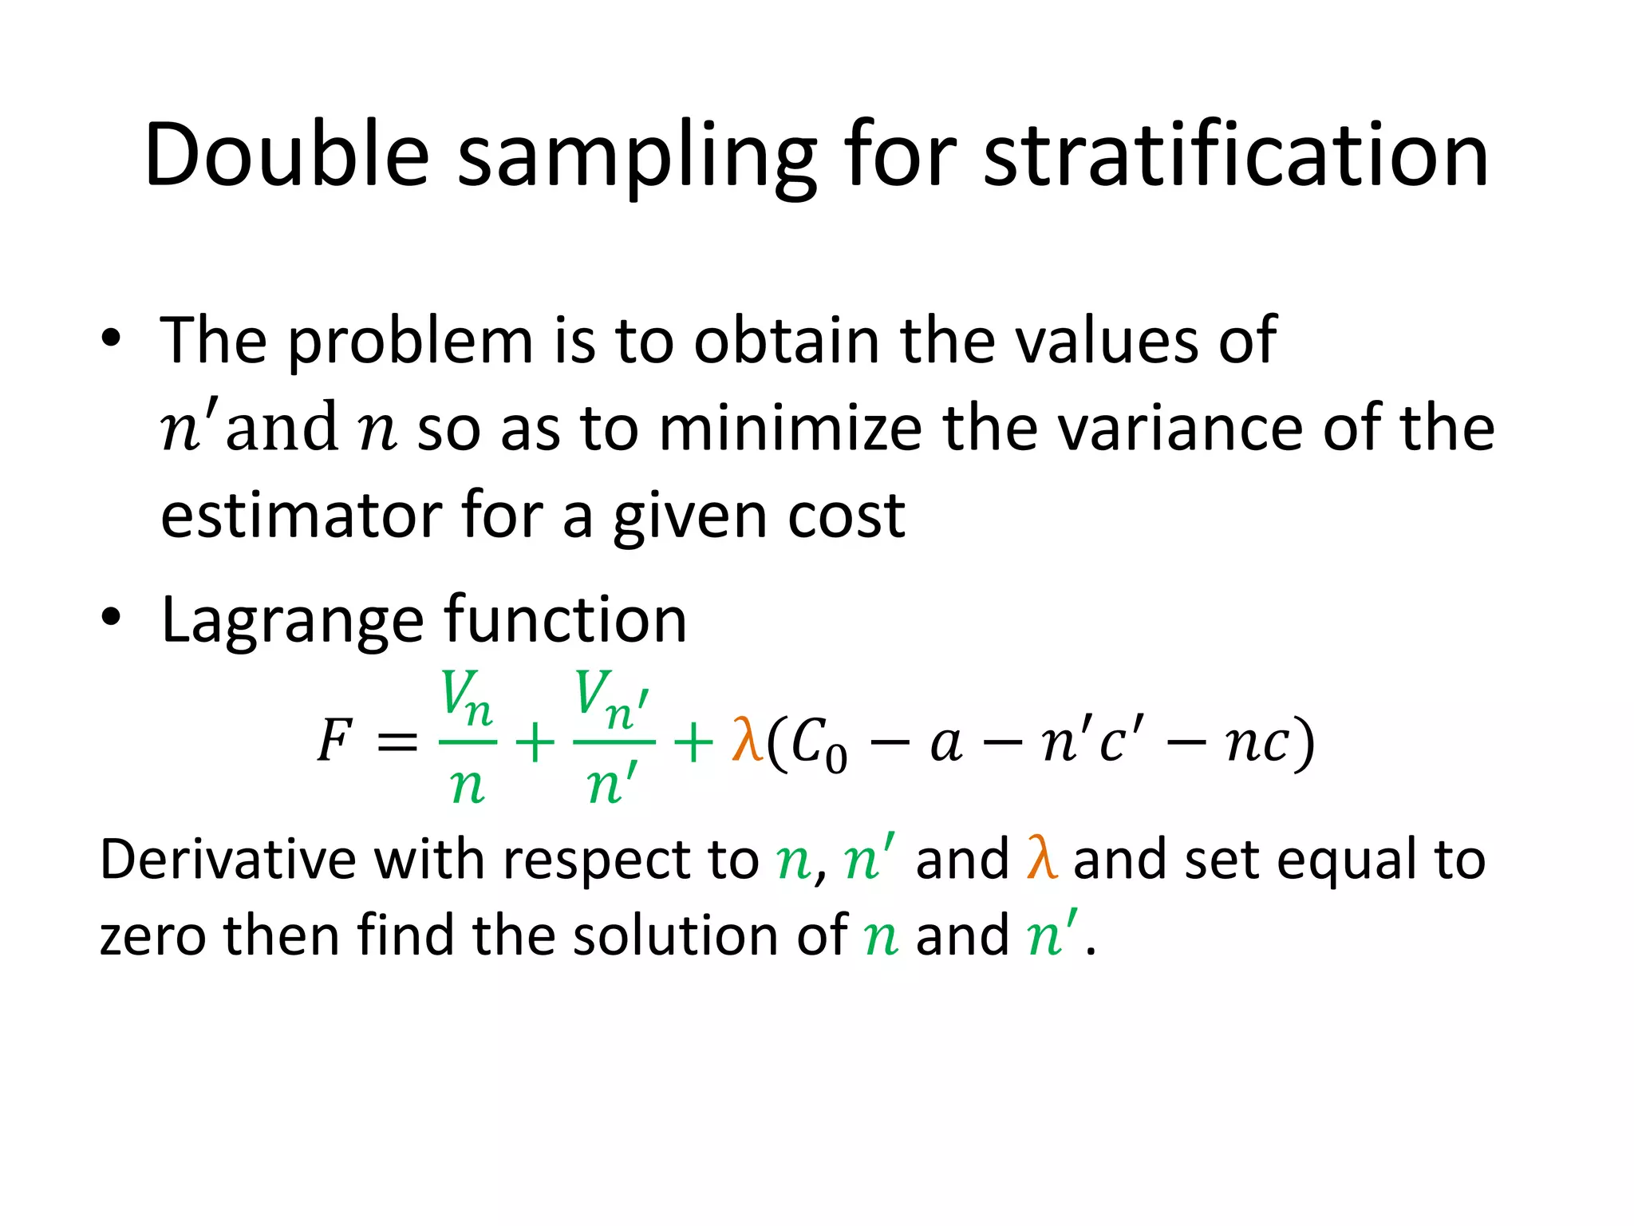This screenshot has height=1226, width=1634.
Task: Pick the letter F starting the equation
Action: click(334, 741)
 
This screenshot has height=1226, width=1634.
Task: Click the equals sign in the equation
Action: click(397, 742)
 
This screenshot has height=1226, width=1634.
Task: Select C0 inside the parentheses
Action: click(818, 744)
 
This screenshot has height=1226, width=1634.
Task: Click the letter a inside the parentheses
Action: click(946, 745)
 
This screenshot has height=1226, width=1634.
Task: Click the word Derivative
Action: click(227, 860)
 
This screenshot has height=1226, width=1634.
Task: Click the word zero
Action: click(152, 935)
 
